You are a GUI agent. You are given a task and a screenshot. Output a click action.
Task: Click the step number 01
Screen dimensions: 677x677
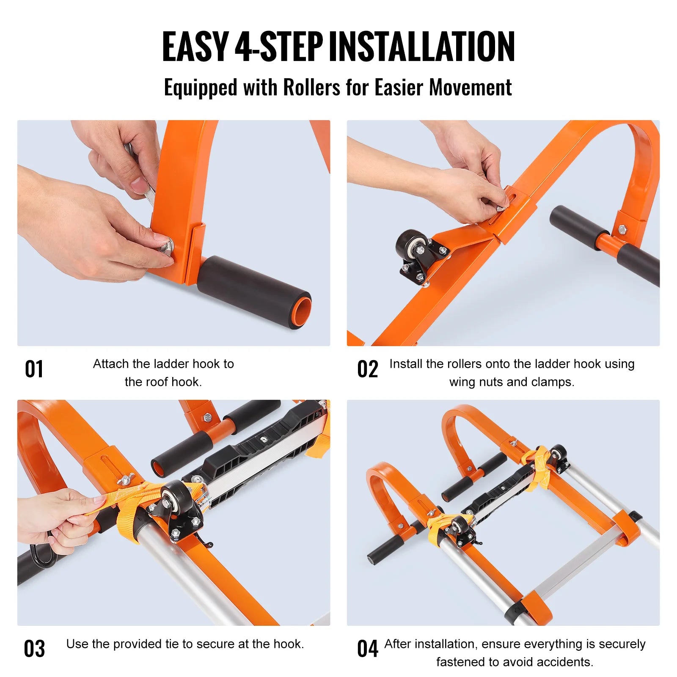pyautogui.click(x=34, y=369)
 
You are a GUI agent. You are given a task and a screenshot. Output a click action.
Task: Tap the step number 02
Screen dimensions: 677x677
pyautogui.click(x=367, y=369)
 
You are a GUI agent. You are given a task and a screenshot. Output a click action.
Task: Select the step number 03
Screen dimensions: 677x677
pyautogui.click(x=34, y=649)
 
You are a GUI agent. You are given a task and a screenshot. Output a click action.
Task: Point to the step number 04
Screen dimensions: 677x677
pyautogui.click(x=367, y=649)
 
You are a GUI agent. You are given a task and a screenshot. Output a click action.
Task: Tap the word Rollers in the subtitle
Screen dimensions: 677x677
pyautogui.click(x=311, y=88)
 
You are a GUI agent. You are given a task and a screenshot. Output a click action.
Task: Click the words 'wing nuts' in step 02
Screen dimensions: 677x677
pyautogui.click(x=476, y=382)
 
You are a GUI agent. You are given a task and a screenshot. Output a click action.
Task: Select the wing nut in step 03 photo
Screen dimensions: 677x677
pyautogui.click(x=126, y=479)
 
